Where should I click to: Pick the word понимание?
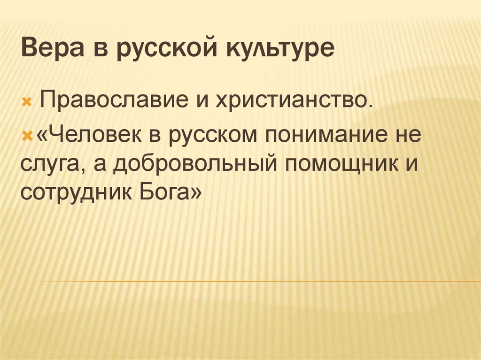329,135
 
